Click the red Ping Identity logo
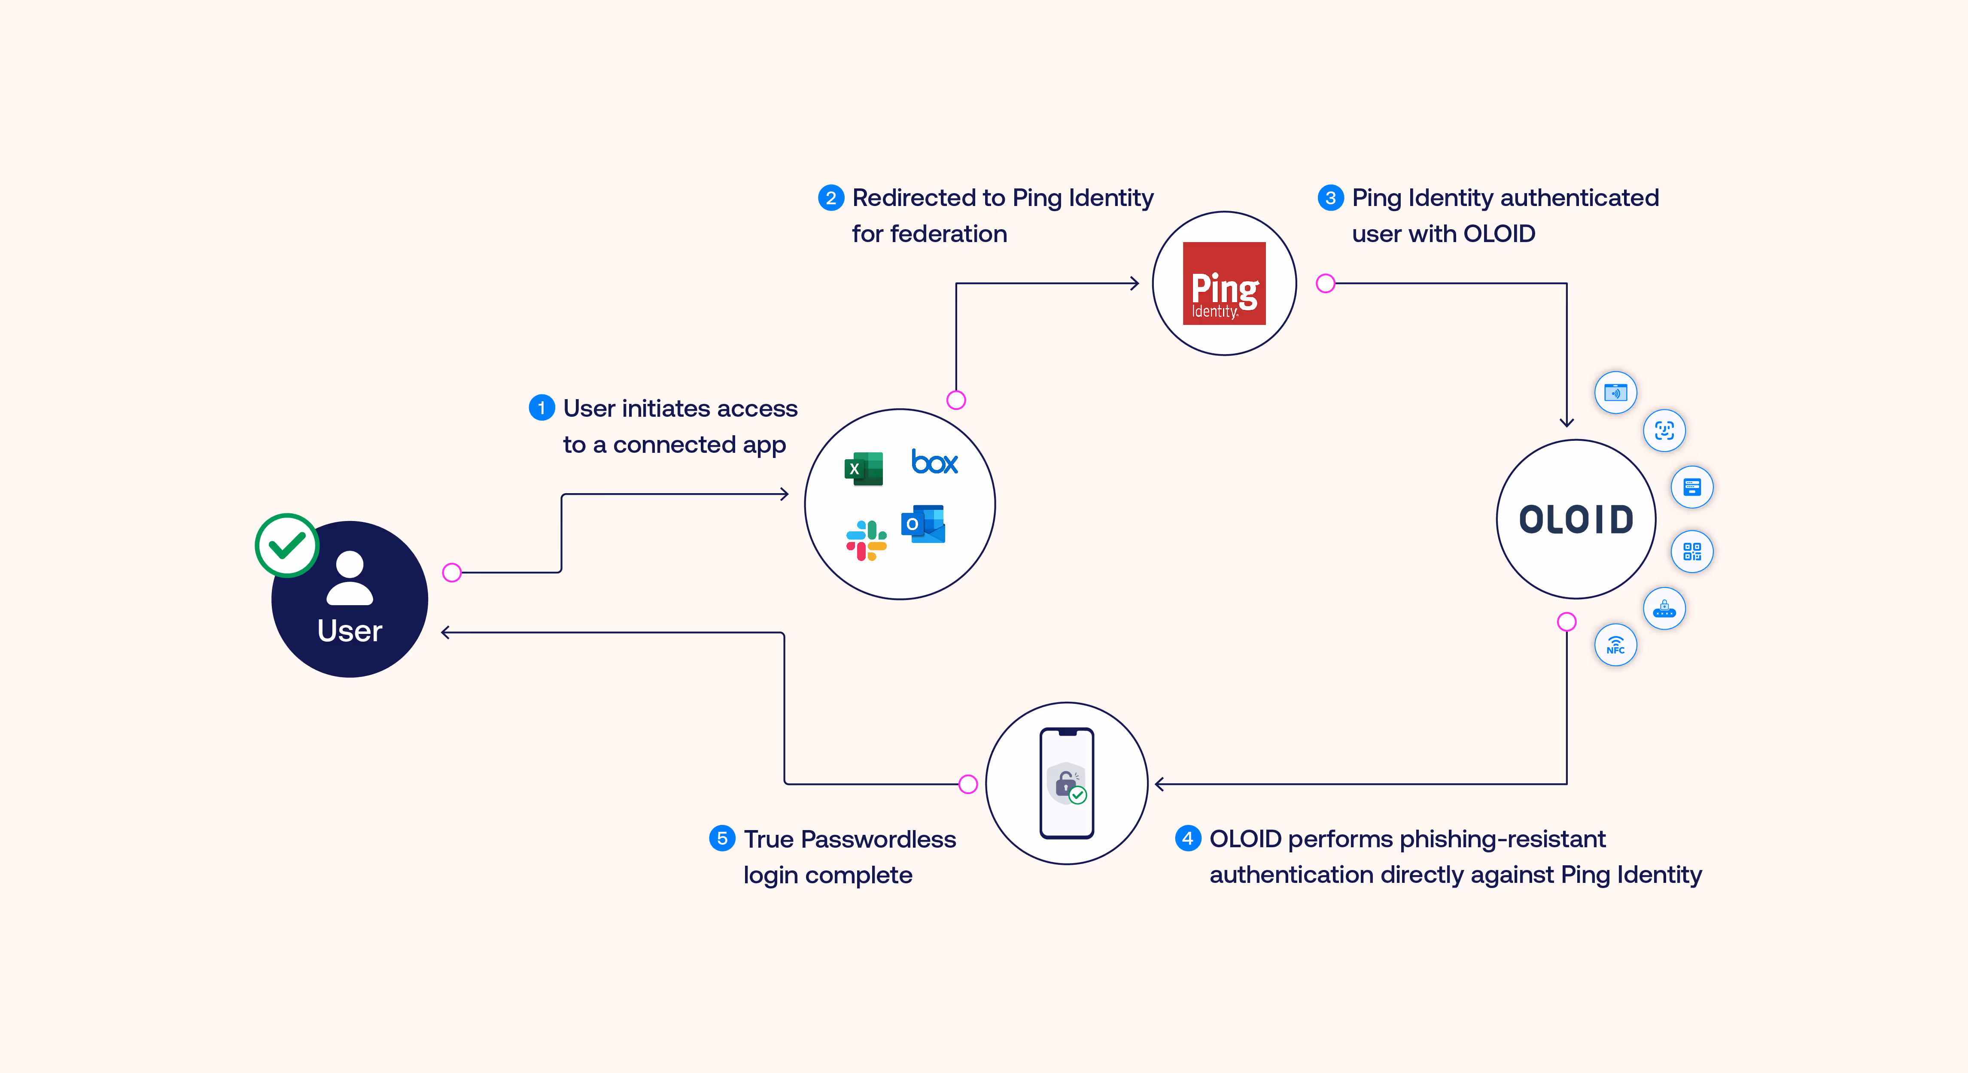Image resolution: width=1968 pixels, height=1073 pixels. pos(1224,283)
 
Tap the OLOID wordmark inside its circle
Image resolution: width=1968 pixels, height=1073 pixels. pos(1576,520)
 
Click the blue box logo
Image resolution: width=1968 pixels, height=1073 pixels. pos(934,462)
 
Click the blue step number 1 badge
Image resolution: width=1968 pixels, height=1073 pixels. pos(541,408)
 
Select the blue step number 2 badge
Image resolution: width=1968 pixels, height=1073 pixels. pos(830,198)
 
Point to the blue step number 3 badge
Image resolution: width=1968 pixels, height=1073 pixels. pos(1330,198)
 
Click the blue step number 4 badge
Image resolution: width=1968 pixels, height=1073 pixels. pos(1187,839)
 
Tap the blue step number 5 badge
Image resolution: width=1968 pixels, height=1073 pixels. pos(722,839)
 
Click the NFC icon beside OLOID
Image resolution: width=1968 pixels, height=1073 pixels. pos(1615,646)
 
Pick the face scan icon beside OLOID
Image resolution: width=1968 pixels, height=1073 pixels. pos(1664,431)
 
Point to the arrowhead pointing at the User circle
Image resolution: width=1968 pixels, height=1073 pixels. pos(445,632)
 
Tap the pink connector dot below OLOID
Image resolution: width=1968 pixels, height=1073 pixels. pos(1566,621)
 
